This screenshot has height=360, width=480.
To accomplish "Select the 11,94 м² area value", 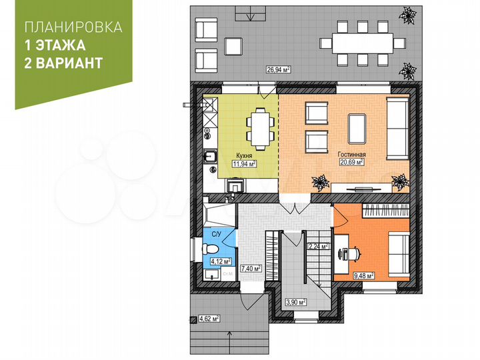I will click(x=244, y=162).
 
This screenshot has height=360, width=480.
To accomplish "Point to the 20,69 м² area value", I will click(x=351, y=161).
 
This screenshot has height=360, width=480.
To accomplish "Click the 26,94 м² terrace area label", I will click(x=278, y=69).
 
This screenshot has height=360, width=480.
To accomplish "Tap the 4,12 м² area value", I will click(x=221, y=261).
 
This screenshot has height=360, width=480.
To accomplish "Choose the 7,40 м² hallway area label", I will click(x=249, y=269).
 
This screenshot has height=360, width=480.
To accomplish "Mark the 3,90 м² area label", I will click(x=295, y=301).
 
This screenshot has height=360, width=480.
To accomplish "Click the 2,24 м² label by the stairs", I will click(x=318, y=246).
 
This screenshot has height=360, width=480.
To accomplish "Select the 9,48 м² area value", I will click(x=363, y=274).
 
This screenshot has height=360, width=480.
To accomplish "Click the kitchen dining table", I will click(x=260, y=126).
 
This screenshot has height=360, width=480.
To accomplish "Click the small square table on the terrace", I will click(x=233, y=45).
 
